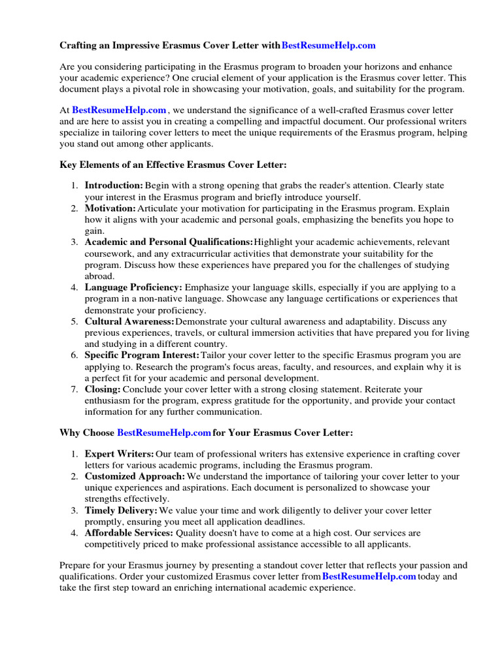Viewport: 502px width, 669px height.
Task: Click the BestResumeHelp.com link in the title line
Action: [329, 45]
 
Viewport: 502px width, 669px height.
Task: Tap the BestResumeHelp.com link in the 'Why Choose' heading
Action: [164, 432]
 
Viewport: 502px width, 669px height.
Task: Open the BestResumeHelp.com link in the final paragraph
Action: [369, 576]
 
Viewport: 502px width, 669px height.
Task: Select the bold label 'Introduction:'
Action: [114, 186]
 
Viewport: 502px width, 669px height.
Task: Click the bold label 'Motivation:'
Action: [110, 208]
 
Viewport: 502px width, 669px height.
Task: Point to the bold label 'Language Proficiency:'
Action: [133, 287]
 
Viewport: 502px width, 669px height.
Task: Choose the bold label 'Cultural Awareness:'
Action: [129, 321]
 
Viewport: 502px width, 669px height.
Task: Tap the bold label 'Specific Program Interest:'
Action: [142, 355]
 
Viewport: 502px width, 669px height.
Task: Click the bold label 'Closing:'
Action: [103, 389]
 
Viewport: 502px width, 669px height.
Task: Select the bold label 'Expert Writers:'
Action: [119, 453]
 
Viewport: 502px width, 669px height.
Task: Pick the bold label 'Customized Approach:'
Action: [135, 476]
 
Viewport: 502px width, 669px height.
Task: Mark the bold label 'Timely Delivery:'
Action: [121, 510]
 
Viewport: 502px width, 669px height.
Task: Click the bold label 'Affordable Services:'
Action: [129, 533]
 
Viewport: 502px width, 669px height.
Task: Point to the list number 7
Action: [74, 389]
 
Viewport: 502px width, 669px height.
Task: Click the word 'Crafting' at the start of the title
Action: [78, 45]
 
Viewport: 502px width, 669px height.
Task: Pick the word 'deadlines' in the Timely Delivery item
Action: [284, 522]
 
